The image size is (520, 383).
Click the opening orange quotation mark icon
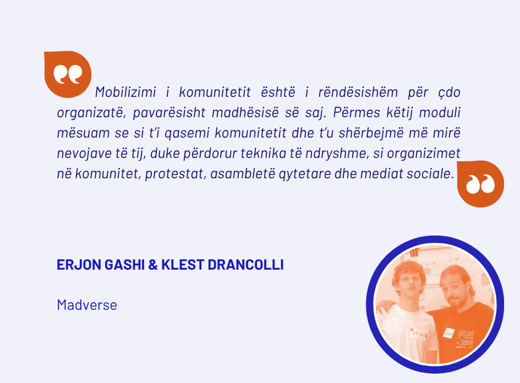click(x=68, y=74)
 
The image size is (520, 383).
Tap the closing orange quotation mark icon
click(x=480, y=184)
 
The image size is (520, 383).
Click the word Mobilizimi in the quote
click(x=125, y=92)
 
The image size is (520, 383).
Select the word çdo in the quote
click(x=449, y=92)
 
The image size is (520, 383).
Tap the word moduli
click(x=440, y=112)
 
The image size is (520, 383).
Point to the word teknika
click(x=264, y=153)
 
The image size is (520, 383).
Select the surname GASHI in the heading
click(x=125, y=265)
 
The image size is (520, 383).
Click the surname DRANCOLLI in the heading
click(x=245, y=265)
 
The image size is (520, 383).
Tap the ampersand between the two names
click(x=153, y=265)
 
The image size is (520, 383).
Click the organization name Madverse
click(x=87, y=305)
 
